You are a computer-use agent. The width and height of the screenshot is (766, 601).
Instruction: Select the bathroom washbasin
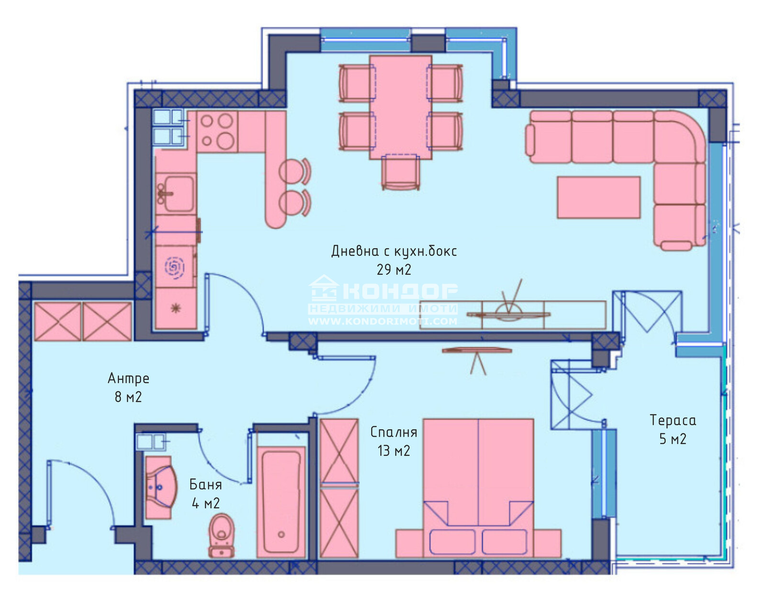(x=159, y=488)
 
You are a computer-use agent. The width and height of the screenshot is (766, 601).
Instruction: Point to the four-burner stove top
(x=217, y=131)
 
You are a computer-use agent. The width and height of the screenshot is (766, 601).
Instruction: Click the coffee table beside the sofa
(x=598, y=197)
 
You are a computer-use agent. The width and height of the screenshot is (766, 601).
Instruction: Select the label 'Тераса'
(x=673, y=420)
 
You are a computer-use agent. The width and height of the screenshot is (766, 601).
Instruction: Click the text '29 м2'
(x=394, y=270)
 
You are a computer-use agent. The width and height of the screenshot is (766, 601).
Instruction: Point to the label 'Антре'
(x=128, y=378)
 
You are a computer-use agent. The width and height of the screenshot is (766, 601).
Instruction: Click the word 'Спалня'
(x=394, y=432)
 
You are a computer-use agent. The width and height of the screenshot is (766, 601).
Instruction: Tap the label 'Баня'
(x=205, y=484)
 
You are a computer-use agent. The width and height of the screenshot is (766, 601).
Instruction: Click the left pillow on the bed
(x=452, y=542)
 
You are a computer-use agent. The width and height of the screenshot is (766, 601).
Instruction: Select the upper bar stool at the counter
(x=293, y=171)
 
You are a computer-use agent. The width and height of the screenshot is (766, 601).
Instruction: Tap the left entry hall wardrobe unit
(x=57, y=322)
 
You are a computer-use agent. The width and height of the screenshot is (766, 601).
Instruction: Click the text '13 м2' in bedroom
(x=394, y=451)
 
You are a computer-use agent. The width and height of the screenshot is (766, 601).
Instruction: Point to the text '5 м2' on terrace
(x=673, y=439)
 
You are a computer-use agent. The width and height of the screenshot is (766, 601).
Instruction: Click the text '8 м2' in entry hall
(x=128, y=397)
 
